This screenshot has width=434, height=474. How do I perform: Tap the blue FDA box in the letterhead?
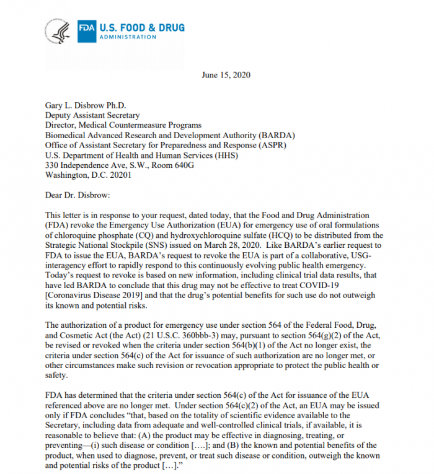coord(87,29)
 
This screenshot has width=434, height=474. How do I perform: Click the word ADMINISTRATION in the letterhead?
coord(128,37)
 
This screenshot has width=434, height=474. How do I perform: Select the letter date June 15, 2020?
coord(226,75)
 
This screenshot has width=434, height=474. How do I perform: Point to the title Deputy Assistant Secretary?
coord(92,115)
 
